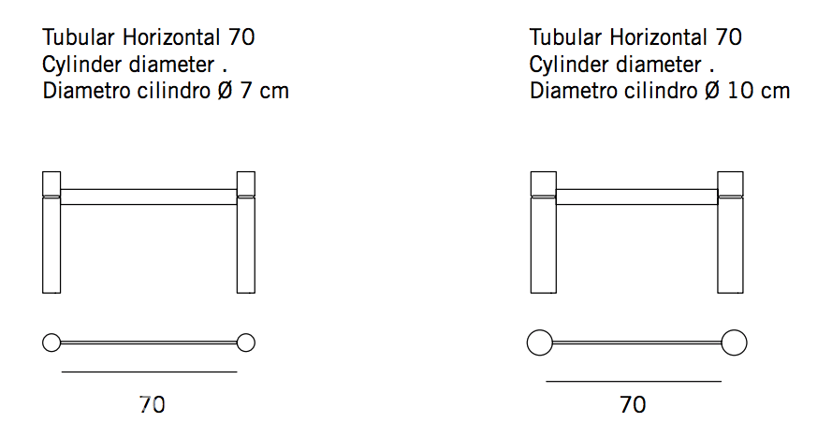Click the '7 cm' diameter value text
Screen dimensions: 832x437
click(264, 91)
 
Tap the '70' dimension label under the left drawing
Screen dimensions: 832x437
click(153, 404)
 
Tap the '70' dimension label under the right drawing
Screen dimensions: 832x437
click(633, 404)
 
